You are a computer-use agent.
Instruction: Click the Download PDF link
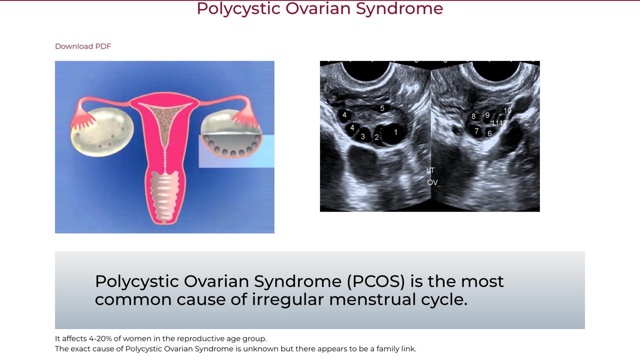(x=83, y=46)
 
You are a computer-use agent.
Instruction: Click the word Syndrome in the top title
(x=399, y=8)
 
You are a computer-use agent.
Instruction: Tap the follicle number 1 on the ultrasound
(x=395, y=132)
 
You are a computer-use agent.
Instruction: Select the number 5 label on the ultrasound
(x=382, y=108)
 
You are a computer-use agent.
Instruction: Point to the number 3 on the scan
(x=363, y=136)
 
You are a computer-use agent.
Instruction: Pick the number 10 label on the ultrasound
(x=507, y=110)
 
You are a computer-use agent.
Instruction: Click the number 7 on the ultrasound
(x=476, y=131)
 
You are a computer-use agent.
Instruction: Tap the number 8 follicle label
(x=473, y=116)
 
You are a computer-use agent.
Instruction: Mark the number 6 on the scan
(x=489, y=133)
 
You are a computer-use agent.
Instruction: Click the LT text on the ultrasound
(x=430, y=170)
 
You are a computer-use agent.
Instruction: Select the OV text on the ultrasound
(x=432, y=182)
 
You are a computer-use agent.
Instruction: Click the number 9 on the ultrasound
(x=487, y=115)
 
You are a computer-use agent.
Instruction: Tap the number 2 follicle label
(x=376, y=137)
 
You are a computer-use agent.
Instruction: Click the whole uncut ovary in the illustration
(x=101, y=132)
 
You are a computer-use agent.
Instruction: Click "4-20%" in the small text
(x=100, y=339)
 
